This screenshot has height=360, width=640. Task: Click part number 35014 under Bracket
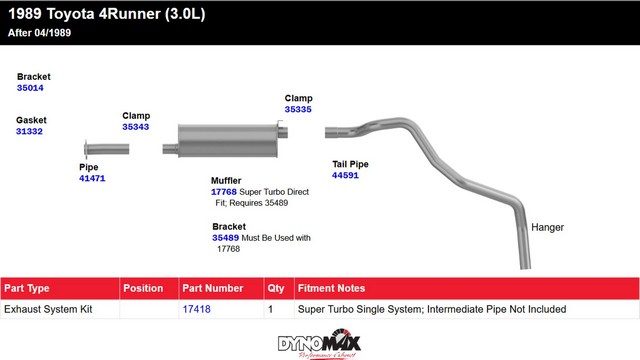click(30, 88)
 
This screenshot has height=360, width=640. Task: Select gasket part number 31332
click(29, 131)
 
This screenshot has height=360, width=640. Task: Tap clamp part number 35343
click(136, 127)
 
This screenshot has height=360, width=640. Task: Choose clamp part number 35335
click(298, 109)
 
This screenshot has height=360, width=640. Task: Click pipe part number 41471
click(92, 178)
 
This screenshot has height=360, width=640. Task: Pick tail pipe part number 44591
click(345, 176)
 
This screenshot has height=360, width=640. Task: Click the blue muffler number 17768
click(224, 192)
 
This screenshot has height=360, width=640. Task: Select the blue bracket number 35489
click(225, 238)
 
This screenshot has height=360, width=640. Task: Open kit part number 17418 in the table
click(196, 309)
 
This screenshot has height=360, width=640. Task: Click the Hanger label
click(547, 227)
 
